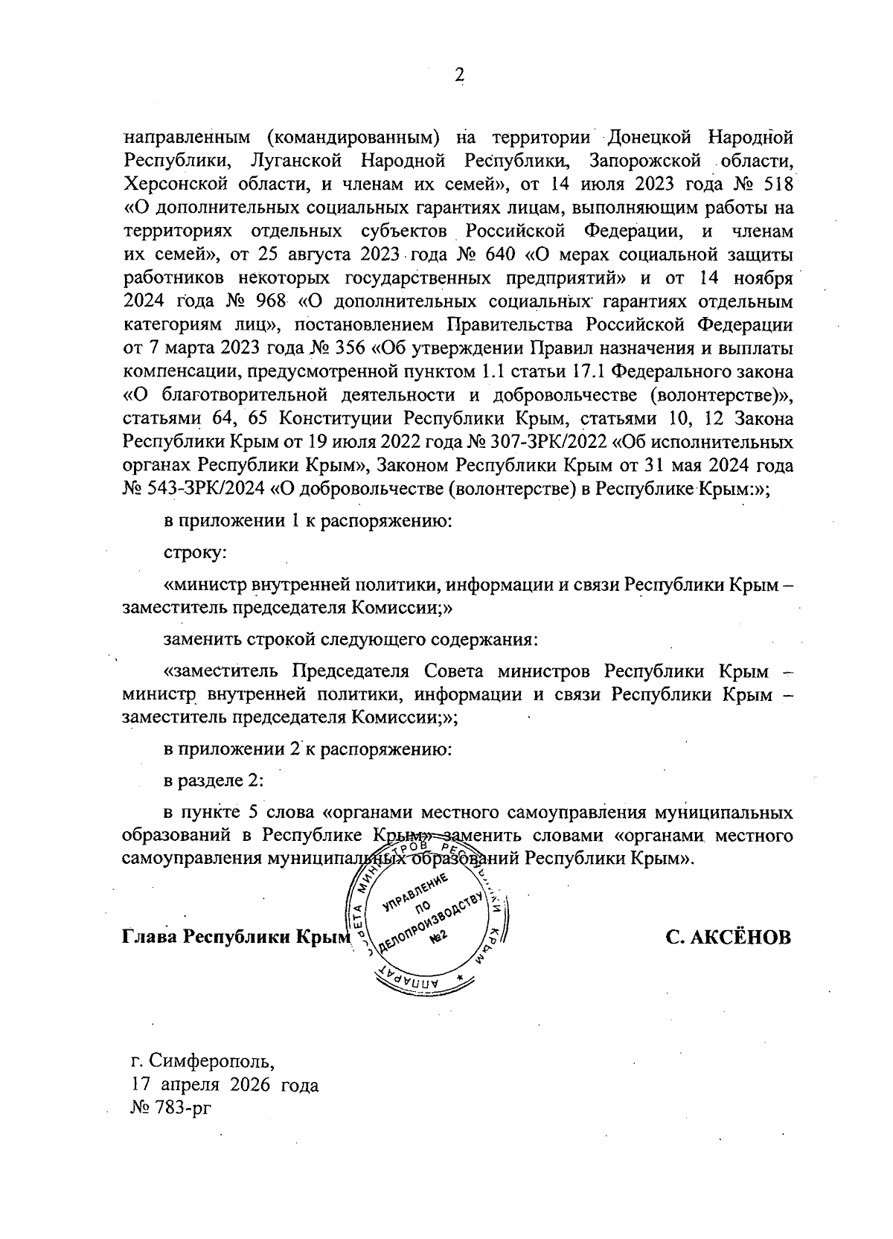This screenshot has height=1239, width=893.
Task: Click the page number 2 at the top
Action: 459,74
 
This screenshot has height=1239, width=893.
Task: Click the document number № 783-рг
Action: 170,1109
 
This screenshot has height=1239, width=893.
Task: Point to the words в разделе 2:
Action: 214,781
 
